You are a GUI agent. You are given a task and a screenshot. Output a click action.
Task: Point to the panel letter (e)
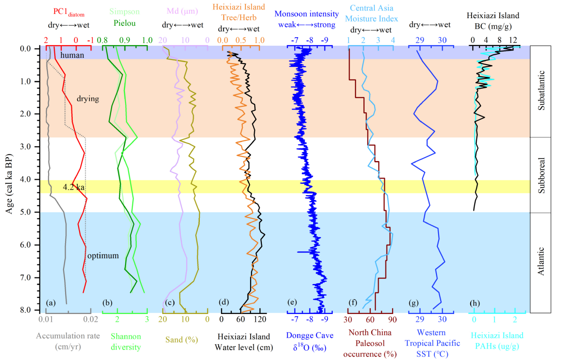pyautogui.click(x=292, y=303)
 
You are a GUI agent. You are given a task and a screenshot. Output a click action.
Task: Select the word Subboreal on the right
pyautogui.click(x=544, y=175)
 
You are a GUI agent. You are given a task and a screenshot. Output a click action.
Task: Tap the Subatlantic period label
pyautogui.click(x=544, y=91)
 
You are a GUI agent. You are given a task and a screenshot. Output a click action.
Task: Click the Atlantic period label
pyautogui.click(x=544, y=262)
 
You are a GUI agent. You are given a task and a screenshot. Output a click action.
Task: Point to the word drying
pyautogui.click(x=88, y=98)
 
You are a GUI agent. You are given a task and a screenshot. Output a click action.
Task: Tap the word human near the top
pyautogui.click(x=72, y=55)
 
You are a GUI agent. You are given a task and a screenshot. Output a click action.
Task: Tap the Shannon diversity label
pyautogui.click(x=125, y=341)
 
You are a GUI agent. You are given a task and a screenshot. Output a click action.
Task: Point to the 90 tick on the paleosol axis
pyautogui.click(x=392, y=319)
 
